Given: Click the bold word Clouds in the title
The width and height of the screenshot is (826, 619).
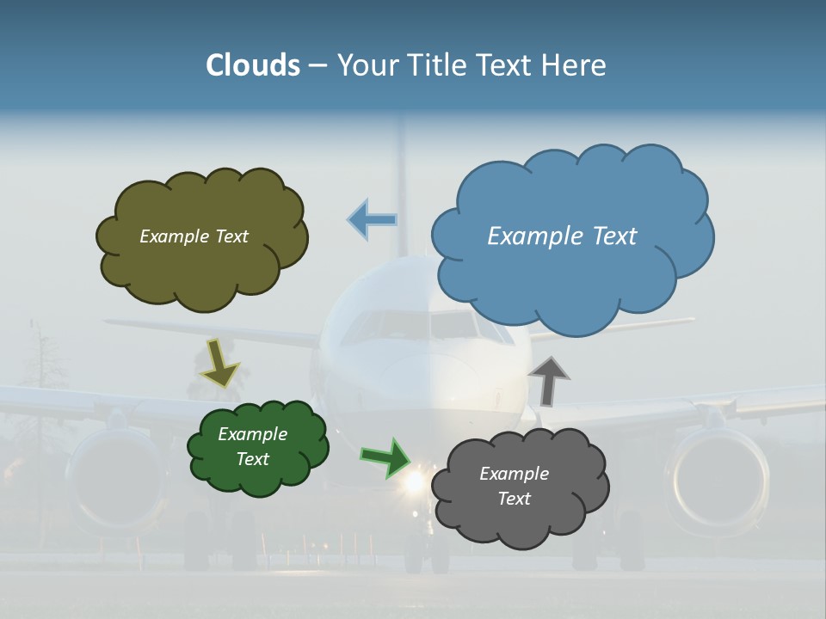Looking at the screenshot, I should point(253,65).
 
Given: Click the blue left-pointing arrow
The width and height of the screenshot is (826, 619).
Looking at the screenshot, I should point(373,219).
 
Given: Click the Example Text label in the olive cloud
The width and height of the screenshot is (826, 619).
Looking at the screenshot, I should point(194,236).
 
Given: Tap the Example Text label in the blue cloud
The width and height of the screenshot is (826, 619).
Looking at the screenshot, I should point(562,236).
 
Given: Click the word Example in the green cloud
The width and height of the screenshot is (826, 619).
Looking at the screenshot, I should point(252,434).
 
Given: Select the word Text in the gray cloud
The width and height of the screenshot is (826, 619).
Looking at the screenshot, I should point(514,499).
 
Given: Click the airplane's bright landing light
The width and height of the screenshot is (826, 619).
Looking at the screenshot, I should point(416,482).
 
